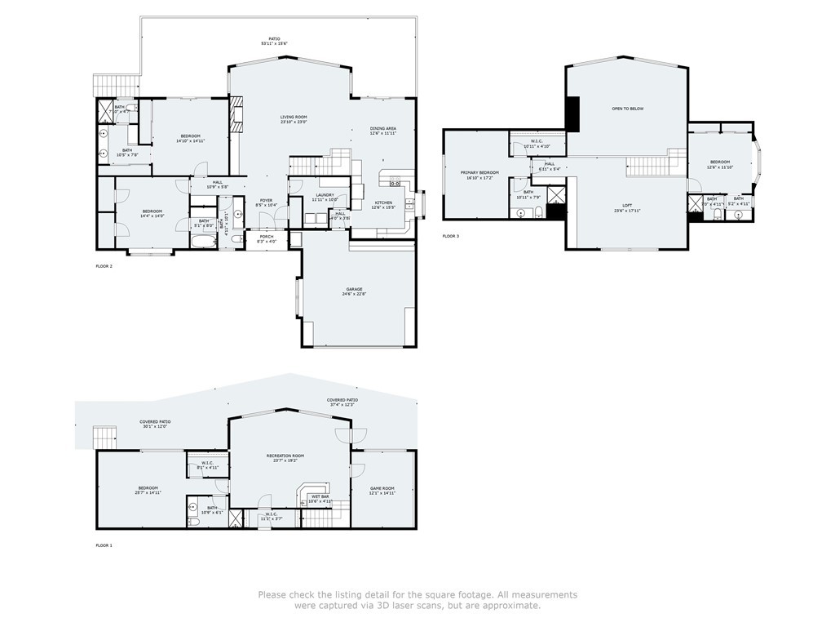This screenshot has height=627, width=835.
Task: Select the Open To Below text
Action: [x=628, y=109]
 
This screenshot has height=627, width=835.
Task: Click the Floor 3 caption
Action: [x=451, y=236]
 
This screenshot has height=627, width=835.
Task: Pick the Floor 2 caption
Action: [x=104, y=266]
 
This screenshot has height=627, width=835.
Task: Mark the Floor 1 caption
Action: [x=104, y=545]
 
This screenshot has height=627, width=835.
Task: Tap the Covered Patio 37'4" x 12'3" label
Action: [x=342, y=402]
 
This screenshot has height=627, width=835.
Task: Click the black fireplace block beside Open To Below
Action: [x=572, y=113]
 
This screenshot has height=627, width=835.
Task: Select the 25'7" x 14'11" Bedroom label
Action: [x=148, y=491]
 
